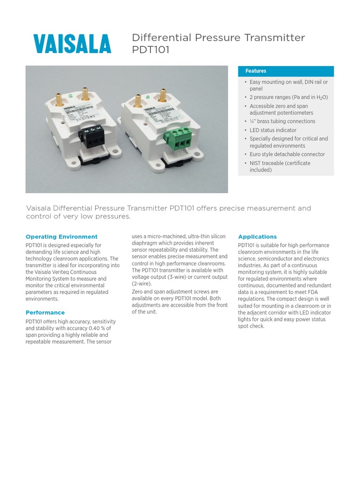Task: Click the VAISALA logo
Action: tap(72, 44)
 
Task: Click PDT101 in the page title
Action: tap(150, 50)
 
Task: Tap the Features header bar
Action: tap(286, 71)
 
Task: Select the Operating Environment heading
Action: tap(61, 237)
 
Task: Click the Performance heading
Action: tap(45, 313)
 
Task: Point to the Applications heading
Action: tap(257, 237)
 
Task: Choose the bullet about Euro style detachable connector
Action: tap(287, 154)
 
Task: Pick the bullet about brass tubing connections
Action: tap(282, 121)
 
